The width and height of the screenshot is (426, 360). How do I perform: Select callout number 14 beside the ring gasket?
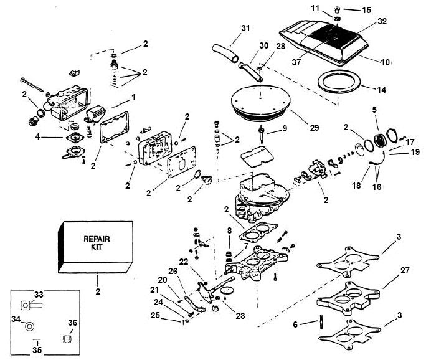click(382, 90)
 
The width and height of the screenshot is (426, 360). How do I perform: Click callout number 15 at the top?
click(366, 9)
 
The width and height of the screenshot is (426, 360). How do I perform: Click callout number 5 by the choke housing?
click(374, 110)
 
